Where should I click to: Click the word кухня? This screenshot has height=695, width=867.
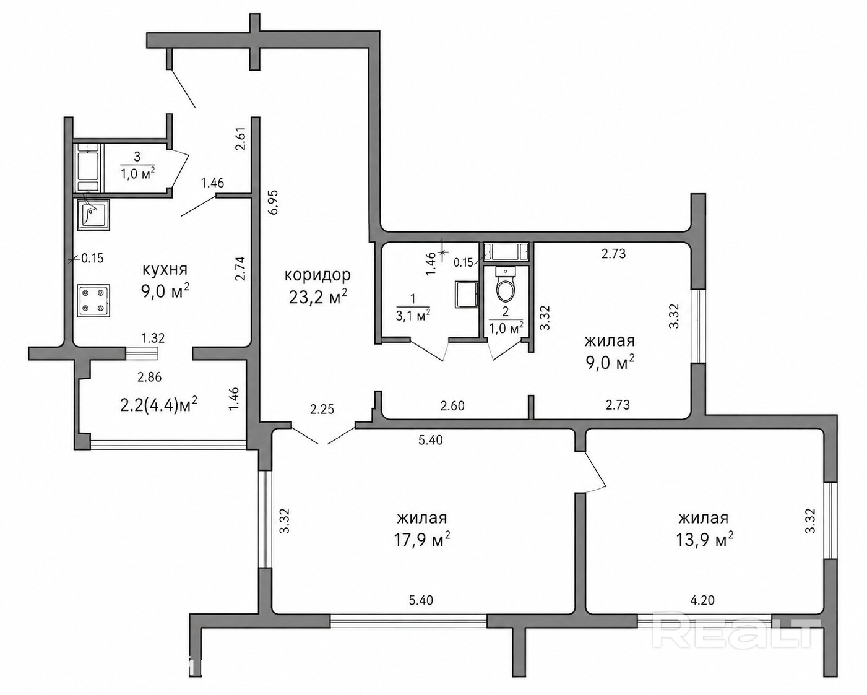(165, 269)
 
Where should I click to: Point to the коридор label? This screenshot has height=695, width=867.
(317, 275)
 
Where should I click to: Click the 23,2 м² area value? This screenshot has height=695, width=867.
(318, 297)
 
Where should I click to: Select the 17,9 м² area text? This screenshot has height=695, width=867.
(422, 540)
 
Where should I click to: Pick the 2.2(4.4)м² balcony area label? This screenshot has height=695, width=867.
(159, 405)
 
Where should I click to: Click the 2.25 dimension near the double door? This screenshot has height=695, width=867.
(322, 409)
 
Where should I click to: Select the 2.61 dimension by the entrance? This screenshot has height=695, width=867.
(241, 139)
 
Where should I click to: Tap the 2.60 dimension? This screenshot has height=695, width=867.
(452, 406)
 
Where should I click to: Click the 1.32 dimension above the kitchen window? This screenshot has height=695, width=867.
(153, 338)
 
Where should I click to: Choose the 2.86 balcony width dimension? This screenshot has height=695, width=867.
(150, 378)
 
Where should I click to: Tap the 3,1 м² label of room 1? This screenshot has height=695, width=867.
(413, 316)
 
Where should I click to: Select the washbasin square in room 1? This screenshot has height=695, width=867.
(467, 294)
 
